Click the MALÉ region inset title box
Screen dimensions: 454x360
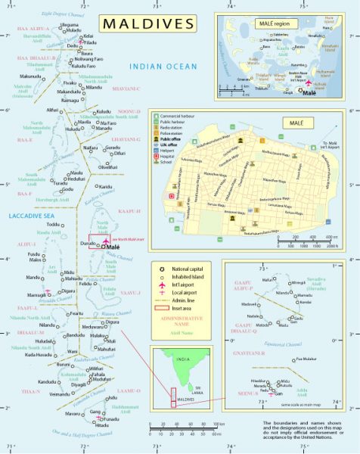(273, 23)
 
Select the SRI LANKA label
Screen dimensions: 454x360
(197, 393)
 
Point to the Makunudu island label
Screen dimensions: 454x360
(31, 76)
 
